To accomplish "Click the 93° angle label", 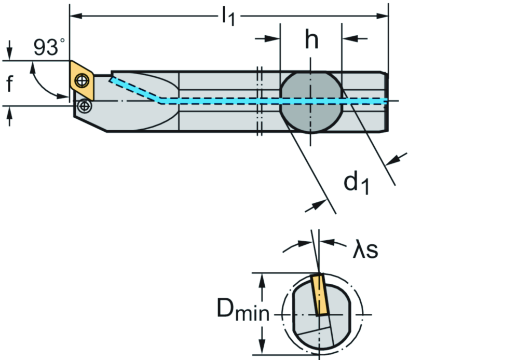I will [49, 48].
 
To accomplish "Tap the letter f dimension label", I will [10, 84].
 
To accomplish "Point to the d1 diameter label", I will [357, 183].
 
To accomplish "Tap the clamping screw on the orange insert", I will [81, 80].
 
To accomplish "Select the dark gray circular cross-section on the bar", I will [311, 101].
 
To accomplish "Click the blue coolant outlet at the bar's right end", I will [385, 101].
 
